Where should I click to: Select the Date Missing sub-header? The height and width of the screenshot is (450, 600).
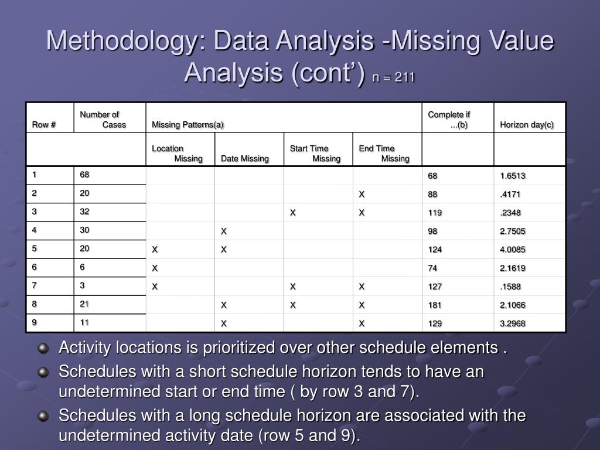245,158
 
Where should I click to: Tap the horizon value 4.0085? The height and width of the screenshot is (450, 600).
513,250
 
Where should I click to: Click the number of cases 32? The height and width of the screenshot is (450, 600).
85,212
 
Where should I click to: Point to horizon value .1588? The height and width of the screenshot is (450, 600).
510,287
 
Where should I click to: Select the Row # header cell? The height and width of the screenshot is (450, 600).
44,124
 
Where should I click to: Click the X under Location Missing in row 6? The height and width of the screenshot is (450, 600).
155,268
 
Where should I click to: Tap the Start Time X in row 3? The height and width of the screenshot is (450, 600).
293,213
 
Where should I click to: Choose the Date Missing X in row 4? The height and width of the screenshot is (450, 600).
223,231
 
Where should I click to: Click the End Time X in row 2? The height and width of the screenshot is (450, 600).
362,195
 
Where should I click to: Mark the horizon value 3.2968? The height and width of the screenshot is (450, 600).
513,323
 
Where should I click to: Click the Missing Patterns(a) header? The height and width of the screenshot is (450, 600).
187,125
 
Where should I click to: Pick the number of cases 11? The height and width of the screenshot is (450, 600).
84,322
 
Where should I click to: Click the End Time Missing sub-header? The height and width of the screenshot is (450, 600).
384,154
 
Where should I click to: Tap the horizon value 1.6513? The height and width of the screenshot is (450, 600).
513,176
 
